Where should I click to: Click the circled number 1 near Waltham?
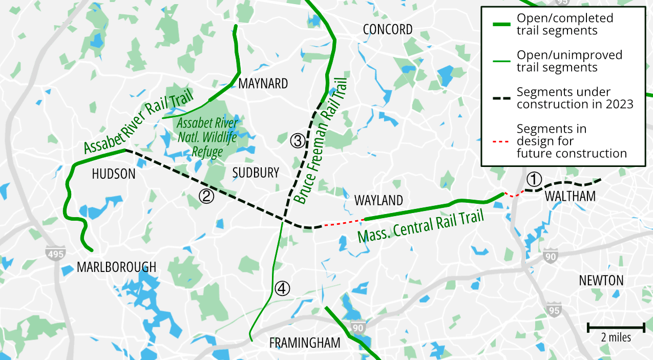[x=534, y=179]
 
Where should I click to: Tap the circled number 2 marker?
[x=206, y=196]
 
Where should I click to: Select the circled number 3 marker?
[x=297, y=140]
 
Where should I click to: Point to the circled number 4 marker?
[x=282, y=288]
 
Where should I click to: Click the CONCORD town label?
[x=387, y=30]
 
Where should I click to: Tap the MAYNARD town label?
[x=263, y=83]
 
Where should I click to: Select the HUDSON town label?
[x=114, y=174]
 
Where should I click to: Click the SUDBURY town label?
[x=256, y=173]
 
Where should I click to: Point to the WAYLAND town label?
[x=378, y=200]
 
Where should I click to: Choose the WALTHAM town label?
[x=570, y=196]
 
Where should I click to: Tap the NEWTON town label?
[x=601, y=281]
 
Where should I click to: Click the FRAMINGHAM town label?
[x=305, y=343]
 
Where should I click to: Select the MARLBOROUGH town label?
[x=116, y=267]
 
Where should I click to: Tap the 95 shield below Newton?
[x=554, y=310]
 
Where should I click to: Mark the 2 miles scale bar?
[x=616, y=327]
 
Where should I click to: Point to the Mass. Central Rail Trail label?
[x=420, y=226]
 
